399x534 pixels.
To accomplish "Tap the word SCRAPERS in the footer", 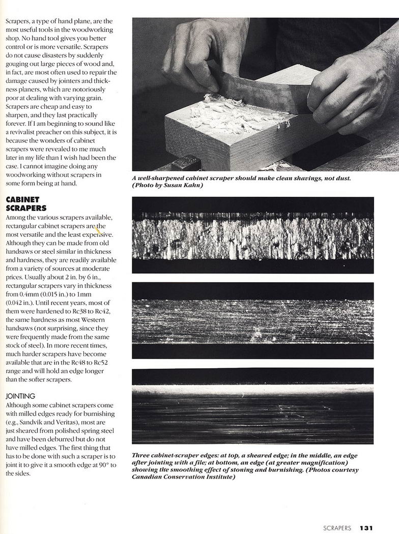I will pyautogui.click(x=337, y=528).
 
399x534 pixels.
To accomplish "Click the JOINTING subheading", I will pyautogui.click(x=19, y=395).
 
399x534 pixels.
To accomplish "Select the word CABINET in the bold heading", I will pyautogui.click(x=22, y=200).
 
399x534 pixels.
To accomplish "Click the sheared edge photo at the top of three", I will pyautogui.click(x=252, y=235).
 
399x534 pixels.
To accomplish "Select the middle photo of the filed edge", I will pyautogui.click(x=252, y=320).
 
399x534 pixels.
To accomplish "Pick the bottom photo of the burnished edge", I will pyautogui.click(x=252, y=406).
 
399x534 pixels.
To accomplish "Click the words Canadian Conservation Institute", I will pyautogui.click(x=184, y=477).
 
